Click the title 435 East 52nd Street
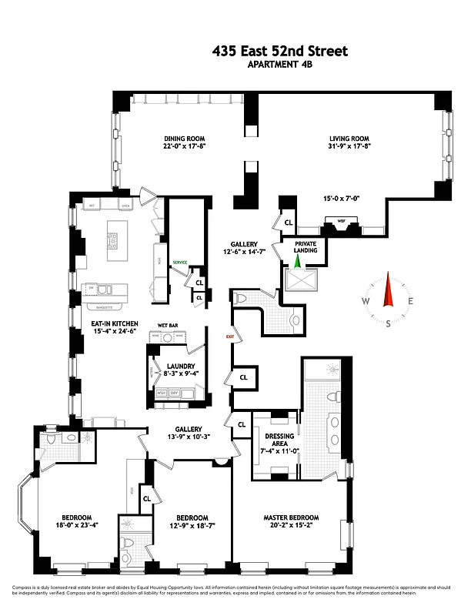click(x=279, y=52)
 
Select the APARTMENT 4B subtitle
click(x=279, y=65)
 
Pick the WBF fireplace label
click(x=341, y=220)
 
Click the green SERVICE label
click(x=180, y=263)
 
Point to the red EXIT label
click(x=229, y=336)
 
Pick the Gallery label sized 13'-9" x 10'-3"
click(x=188, y=433)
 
